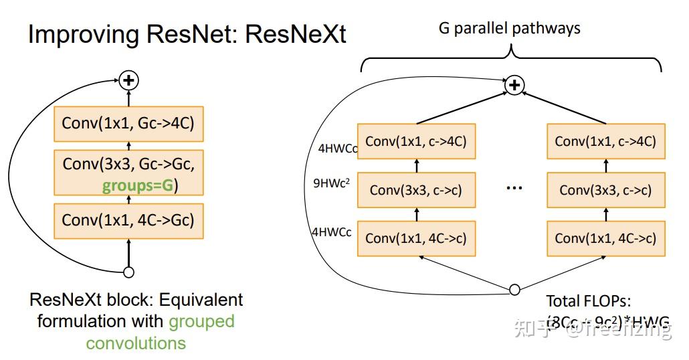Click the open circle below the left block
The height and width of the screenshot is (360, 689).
pyautogui.click(x=128, y=272)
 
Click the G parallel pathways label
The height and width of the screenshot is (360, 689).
pyautogui.click(x=509, y=28)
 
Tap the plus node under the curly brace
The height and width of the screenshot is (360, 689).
pyautogui.click(x=514, y=85)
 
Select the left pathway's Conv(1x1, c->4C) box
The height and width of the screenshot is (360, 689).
pyautogui.click(x=416, y=141)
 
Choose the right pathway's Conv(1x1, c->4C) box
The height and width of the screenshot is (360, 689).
pyautogui.click(x=605, y=141)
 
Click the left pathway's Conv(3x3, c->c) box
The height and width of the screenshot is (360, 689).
pyautogui.click(x=416, y=190)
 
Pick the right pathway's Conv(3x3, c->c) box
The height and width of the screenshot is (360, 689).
pyautogui.click(x=605, y=190)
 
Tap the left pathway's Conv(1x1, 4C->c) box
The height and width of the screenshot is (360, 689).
pyautogui.click(x=416, y=238)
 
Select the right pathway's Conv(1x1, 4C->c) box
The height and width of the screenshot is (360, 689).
pyautogui.click(x=605, y=238)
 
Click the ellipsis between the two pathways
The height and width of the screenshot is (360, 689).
pyautogui.click(x=514, y=187)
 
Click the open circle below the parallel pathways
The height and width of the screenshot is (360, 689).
pyautogui.click(x=514, y=290)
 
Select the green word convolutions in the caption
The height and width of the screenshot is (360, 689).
pyautogui.click(x=136, y=343)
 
